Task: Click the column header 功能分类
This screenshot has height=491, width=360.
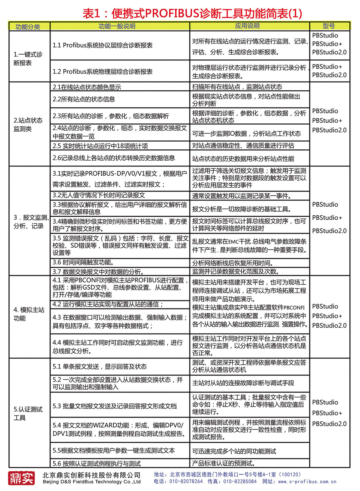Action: click(28, 26)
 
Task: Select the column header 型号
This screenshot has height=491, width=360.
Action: click(329, 26)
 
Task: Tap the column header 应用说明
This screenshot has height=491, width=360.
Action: click(247, 26)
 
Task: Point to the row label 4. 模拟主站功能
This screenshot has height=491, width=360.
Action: click(28, 314)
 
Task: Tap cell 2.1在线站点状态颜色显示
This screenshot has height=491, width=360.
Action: click(87, 87)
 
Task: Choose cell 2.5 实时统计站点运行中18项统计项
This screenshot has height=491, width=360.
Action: click(100, 146)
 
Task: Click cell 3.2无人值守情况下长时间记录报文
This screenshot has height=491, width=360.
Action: click(99, 195)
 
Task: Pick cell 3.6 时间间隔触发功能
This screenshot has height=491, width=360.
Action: click(83, 263)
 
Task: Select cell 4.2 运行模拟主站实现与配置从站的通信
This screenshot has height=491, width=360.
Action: click(108, 304)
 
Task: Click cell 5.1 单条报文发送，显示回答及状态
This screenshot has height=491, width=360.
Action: click(100, 366)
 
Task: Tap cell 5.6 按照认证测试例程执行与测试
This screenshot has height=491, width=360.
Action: click(97, 463)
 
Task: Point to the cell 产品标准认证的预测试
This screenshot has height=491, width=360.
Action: click(224, 463)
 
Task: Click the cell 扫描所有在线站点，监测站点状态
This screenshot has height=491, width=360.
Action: click(237, 87)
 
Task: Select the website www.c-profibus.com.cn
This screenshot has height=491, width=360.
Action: click(307, 481)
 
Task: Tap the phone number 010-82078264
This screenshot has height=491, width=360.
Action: click(186, 481)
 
